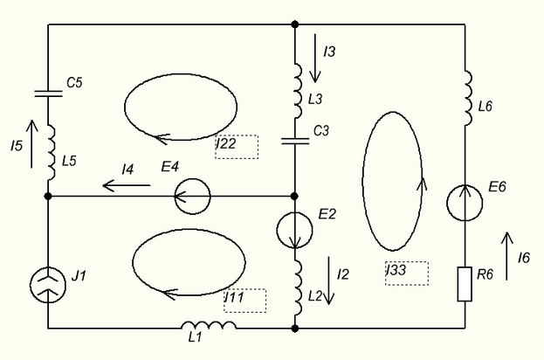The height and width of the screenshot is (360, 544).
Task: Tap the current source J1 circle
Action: coord(48,283)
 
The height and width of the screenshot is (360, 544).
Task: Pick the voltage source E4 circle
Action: coord(191,197)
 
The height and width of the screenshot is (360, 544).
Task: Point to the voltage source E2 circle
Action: coord(294,229)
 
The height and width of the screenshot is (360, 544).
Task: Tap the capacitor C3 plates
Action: coord(295,139)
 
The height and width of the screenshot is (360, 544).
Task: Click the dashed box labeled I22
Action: coord(237,147)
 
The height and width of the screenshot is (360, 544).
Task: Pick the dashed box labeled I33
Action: coord(406,273)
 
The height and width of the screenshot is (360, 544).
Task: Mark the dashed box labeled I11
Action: coord(244,300)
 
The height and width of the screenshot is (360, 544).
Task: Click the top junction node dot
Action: coord(295,24)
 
